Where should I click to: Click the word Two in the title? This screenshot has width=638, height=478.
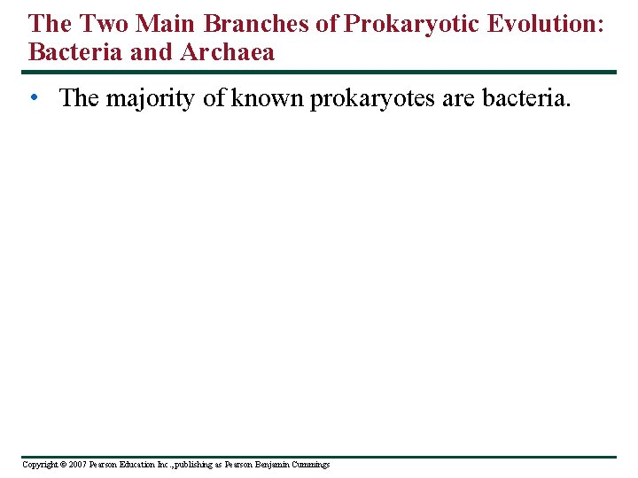[x=105, y=23]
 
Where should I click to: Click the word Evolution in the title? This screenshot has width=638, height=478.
[x=540, y=23]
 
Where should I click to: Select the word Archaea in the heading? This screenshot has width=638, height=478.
[x=228, y=52]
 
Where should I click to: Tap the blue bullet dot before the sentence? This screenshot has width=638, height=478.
[x=34, y=97]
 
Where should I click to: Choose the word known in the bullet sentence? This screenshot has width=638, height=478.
[x=268, y=98]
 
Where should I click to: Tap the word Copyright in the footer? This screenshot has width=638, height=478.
[x=39, y=465]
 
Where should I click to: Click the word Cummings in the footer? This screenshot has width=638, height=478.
[x=312, y=465]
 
